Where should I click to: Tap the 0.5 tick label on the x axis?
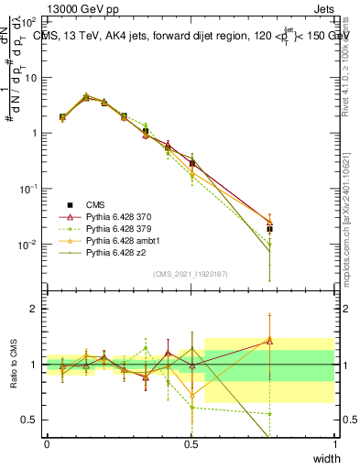point(191,444)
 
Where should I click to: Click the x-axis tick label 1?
point(335,444)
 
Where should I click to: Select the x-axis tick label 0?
point(47,444)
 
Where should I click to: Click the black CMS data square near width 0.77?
point(269,229)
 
